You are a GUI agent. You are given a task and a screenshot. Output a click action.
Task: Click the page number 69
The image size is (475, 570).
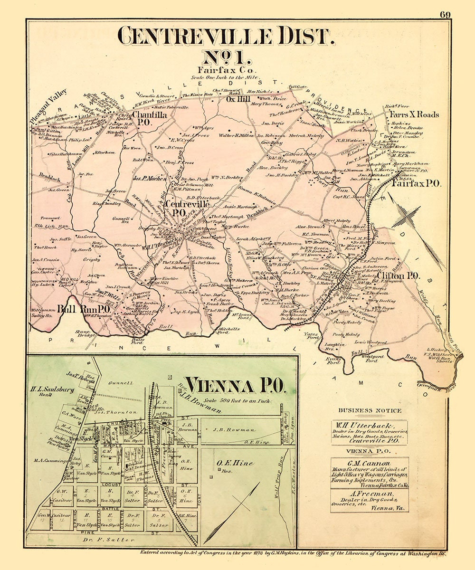(445, 14)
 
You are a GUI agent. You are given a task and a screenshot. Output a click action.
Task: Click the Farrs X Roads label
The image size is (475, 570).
(414, 114)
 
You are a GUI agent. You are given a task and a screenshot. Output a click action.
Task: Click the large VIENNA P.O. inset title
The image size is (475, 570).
(235, 386)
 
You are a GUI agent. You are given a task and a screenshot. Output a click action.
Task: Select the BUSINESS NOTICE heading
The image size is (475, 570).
(370, 410)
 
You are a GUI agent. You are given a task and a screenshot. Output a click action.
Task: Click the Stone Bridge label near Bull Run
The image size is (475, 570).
(86, 335)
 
